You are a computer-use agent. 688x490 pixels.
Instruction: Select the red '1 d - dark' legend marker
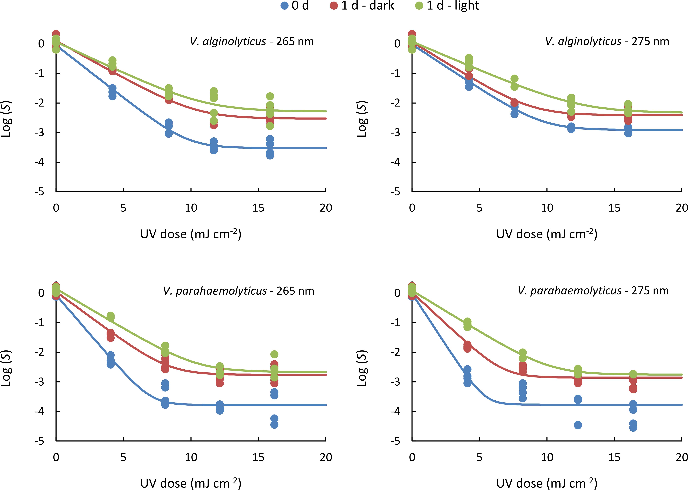pos(334,6)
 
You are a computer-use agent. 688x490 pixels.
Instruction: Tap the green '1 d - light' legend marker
pos(419,6)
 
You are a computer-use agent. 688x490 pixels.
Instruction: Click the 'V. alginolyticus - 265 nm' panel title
pos(252,41)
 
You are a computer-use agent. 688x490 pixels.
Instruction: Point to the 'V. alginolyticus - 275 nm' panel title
pos(607,41)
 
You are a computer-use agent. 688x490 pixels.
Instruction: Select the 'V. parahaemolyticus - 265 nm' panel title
pos(238,291)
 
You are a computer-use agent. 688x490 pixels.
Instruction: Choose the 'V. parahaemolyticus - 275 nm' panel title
pos(593,291)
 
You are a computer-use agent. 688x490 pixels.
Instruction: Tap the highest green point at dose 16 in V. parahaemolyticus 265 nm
pos(274,354)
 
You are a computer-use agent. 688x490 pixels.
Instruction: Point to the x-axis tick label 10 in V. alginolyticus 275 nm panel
pos(547,208)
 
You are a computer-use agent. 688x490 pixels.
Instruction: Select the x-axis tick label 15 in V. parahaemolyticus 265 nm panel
pos(258,457)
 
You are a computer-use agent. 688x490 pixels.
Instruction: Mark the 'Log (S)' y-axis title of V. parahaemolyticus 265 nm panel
pos(6,368)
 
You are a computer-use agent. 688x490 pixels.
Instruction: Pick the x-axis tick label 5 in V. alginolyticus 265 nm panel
pos(123,208)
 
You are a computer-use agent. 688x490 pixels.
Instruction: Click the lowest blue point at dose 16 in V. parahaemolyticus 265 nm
pos(274,424)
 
